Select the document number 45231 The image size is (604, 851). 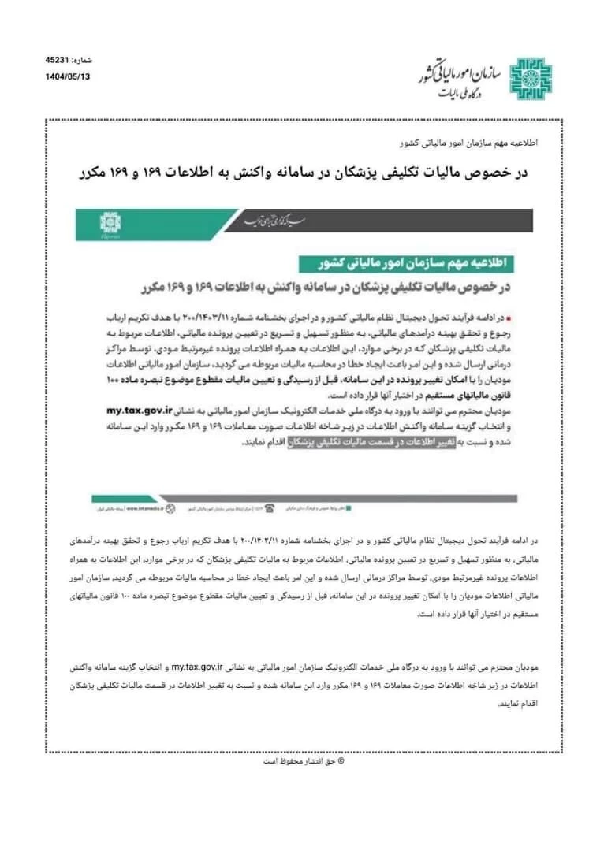pyautogui.click(x=58, y=60)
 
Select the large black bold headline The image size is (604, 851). pyautogui.click(x=303, y=172)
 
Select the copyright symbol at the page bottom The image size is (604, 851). pyautogui.click(x=340, y=760)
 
